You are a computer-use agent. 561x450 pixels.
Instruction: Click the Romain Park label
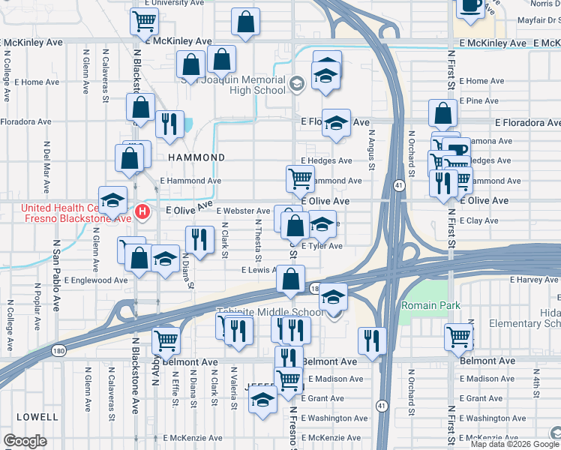coord(430,305)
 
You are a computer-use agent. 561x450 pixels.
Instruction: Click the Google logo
coord(25,441)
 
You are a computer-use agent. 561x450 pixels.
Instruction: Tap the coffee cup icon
coord(471,6)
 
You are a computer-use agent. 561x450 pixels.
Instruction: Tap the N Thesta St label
coord(258,238)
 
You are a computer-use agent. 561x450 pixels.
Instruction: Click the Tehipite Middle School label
coord(271,313)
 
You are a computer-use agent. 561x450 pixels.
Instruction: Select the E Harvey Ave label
coord(530,280)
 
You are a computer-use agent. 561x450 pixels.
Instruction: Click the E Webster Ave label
coord(243,211)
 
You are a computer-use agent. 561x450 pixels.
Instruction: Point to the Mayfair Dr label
coord(525,22)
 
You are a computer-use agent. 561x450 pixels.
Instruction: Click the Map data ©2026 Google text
coord(514,444)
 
